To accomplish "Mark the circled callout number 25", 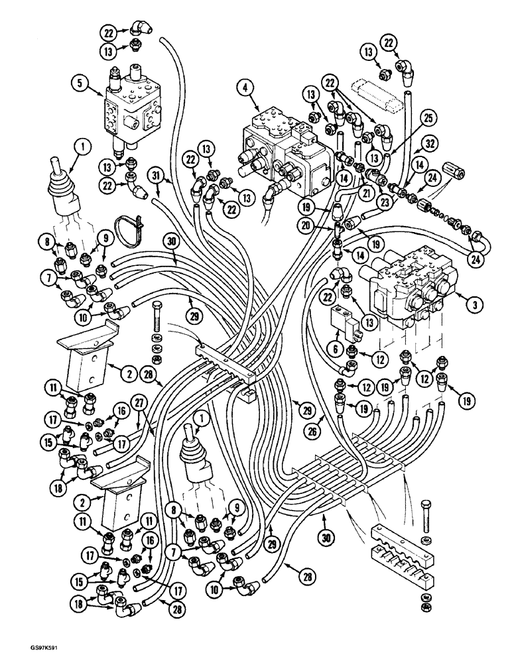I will (x=410, y=117).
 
